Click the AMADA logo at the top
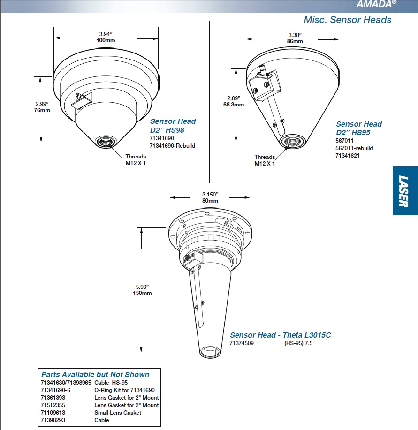click(x=376, y=4)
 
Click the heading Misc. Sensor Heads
click(x=347, y=20)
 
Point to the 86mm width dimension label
click(x=295, y=41)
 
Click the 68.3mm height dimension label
click(x=233, y=105)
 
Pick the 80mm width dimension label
click(x=210, y=201)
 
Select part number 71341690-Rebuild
click(x=172, y=146)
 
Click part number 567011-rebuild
click(x=354, y=148)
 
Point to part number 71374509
click(x=241, y=343)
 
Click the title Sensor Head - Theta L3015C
click(x=280, y=335)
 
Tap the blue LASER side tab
click(x=404, y=191)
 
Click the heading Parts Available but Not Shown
click(x=95, y=374)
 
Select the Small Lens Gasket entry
click(x=117, y=413)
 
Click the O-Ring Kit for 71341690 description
click(x=124, y=390)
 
